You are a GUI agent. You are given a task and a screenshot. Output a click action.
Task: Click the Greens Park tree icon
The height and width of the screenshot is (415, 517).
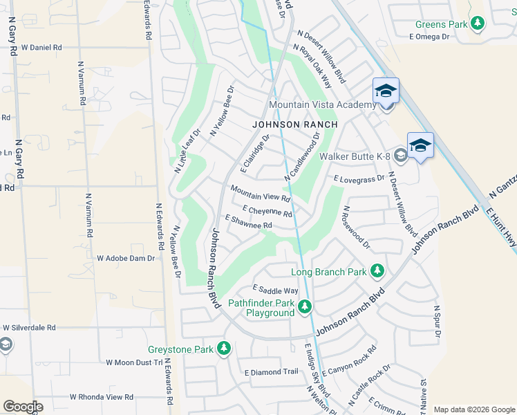coord(478,25)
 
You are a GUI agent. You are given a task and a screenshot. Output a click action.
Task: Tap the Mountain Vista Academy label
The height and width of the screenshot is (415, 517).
coord(322,104)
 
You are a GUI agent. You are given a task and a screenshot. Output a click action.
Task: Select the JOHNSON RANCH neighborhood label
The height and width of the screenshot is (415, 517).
coord(295,124)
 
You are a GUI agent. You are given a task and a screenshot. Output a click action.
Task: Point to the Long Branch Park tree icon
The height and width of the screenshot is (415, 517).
coord(377,271)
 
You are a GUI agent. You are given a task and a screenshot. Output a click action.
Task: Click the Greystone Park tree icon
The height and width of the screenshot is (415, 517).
coord(223,349)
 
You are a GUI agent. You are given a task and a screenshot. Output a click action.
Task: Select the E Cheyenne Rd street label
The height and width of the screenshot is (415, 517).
coord(267,210)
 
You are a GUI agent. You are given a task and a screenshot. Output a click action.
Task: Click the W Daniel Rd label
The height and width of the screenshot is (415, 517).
coord(41,48)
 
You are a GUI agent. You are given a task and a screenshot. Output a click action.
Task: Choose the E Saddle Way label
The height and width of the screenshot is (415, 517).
coord(275,290)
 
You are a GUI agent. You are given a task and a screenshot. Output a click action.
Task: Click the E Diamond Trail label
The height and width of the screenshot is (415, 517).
coord(271,372)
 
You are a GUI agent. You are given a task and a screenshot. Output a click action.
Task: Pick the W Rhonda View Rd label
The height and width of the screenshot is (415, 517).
coord(102,397)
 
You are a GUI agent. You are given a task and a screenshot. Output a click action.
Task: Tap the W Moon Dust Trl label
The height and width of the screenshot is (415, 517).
coord(133,362)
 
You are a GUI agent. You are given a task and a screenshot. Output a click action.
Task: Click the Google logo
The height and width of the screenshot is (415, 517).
coord(23,406)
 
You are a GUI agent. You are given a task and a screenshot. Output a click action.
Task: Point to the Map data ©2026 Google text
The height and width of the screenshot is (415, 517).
coord(473,409)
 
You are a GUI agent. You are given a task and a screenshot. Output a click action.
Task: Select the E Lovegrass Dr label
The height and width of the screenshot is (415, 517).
coord(358,178)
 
